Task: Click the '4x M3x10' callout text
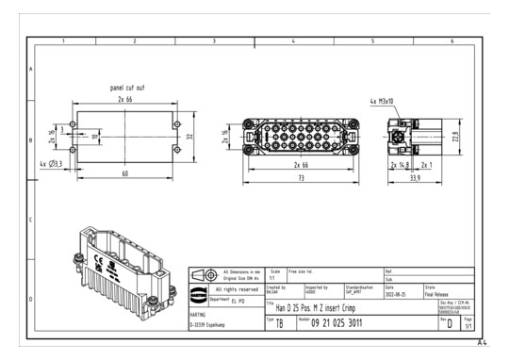[383, 100]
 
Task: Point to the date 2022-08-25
[396, 292]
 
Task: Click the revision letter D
[450, 325]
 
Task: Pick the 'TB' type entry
[280, 324]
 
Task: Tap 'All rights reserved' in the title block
[228, 288]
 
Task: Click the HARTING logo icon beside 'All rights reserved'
[200, 288]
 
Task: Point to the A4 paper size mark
[482, 343]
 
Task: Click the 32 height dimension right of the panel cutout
[189, 137]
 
